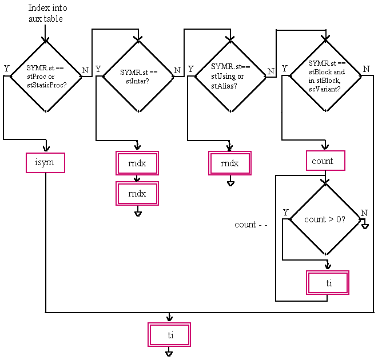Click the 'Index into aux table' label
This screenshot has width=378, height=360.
pos(46,14)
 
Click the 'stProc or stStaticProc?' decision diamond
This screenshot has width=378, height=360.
pos(46,75)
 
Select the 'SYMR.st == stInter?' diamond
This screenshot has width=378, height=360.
pos(138,75)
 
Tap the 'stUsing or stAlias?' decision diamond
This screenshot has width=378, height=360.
pos(230,75)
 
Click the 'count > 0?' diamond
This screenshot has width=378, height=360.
pos(324,219)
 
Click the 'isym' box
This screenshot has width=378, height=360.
pos(45,163)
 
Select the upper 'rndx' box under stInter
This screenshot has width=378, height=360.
pos(137,163)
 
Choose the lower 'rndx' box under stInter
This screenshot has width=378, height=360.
pos(137,194)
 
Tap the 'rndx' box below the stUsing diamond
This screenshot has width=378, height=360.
pos(230,163)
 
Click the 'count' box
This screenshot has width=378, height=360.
pos(325,161)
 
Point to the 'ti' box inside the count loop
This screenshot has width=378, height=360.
pos(328,282)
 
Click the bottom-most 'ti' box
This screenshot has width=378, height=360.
pos(169,335)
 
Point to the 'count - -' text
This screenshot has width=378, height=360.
pos(250,225)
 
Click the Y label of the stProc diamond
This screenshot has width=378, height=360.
pos(6,69)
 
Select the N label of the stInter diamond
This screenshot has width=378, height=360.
pos(177,70)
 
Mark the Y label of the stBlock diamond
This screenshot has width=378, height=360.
pos(284,69)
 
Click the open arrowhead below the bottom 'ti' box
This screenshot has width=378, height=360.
pos(169,354)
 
